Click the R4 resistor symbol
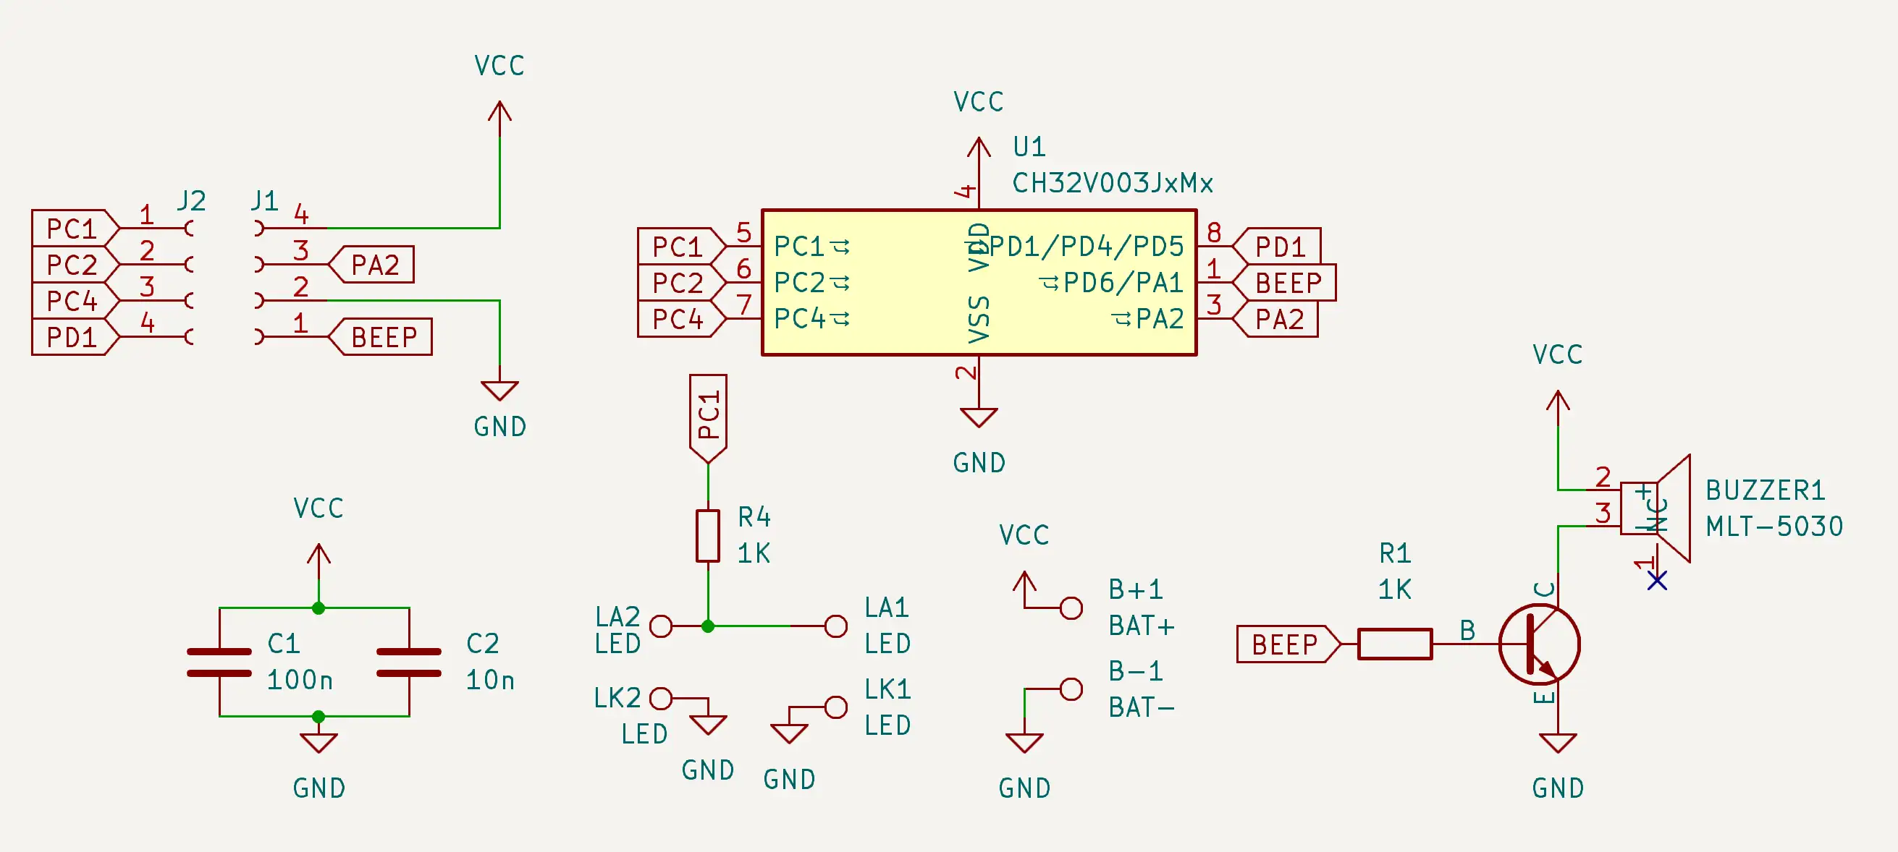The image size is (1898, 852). (707, 535)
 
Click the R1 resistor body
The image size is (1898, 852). (1394, 644)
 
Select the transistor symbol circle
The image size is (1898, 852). (1539, 644)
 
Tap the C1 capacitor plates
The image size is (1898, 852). (219, 662)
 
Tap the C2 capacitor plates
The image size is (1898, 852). (409, 662)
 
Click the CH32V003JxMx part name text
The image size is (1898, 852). (1112, 183)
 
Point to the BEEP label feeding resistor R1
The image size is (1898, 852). (1286, 644)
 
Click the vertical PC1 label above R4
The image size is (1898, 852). (708, 416)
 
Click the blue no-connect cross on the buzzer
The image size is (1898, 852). (1657, 581)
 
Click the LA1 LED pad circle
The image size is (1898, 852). (835, 626)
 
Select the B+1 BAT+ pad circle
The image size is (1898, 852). (1071, 608)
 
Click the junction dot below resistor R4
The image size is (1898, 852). (708, 626)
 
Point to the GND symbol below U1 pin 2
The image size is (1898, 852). (979, 417)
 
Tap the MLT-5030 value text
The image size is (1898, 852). (1773, 527)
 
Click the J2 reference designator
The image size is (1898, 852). (191, 200)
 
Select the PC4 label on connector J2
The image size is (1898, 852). (72, 300)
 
